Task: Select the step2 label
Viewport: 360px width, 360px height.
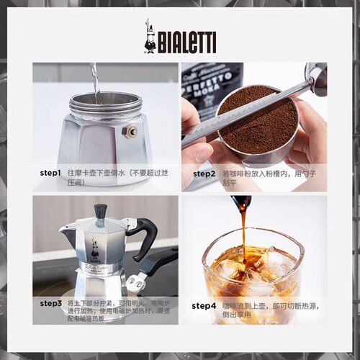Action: tap(204, 174)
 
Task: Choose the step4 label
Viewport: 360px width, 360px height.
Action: tap(204, 305)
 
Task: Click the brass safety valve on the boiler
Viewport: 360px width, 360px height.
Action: tap(132, 131)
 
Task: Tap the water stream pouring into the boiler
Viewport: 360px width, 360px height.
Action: tap(93, 79)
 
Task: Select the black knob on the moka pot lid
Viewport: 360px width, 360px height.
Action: tap(100, 211)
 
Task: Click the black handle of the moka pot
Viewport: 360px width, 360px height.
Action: tap(144, 238)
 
